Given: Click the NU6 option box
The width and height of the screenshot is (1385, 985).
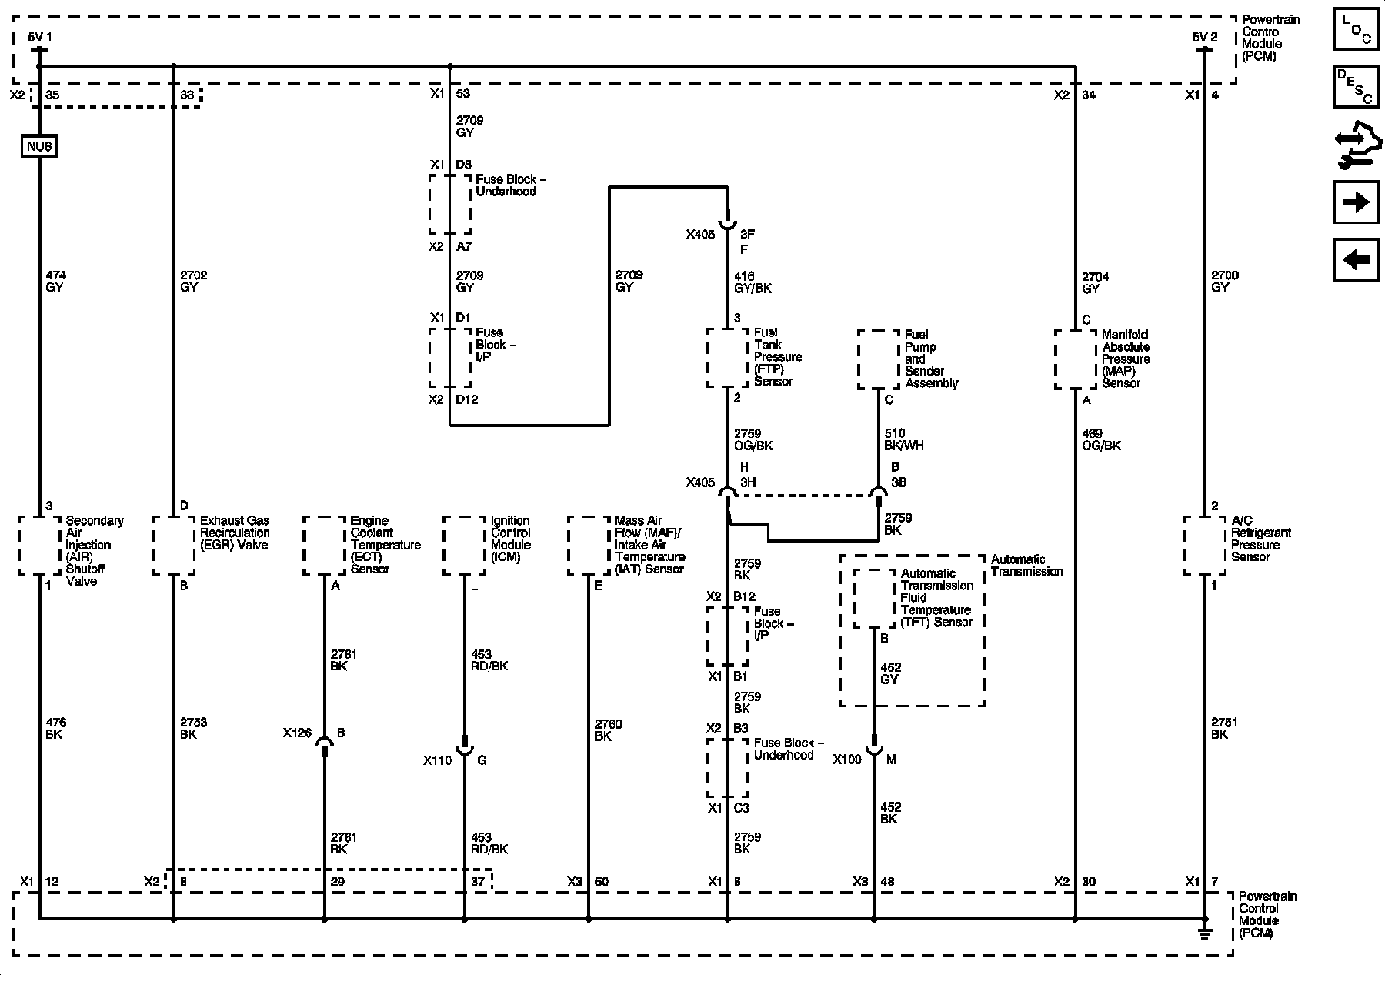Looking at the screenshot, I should point(39,146).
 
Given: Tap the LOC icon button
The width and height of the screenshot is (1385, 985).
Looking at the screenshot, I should point(1356,30).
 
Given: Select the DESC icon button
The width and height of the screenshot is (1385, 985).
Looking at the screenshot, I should point(1356,86).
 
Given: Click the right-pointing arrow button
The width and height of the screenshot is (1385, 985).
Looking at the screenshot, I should point(1356,202).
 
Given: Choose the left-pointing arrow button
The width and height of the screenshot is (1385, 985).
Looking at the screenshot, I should point(1356,259).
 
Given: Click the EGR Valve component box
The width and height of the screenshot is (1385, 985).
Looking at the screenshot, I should point(174,545).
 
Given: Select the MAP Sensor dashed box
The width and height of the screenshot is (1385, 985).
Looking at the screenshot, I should point(1075,359).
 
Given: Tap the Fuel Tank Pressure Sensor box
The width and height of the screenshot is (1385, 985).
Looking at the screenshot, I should point(728,358).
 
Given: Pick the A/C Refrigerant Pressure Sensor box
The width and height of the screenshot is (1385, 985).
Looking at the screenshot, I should point(1205,545).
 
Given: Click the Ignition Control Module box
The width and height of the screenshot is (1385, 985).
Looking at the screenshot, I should point(465,545).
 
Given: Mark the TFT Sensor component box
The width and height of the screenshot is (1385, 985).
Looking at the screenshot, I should point(874,599).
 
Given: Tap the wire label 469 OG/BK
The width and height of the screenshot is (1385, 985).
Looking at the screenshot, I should point(1101,439).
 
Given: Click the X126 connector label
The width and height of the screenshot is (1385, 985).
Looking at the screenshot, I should point(297,733).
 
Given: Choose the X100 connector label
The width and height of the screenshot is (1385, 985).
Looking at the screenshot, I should point(847,760).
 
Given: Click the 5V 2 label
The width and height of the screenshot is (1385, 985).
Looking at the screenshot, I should point(1205,36).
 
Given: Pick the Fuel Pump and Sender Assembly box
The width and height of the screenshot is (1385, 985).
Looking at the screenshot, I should point(879,359).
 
